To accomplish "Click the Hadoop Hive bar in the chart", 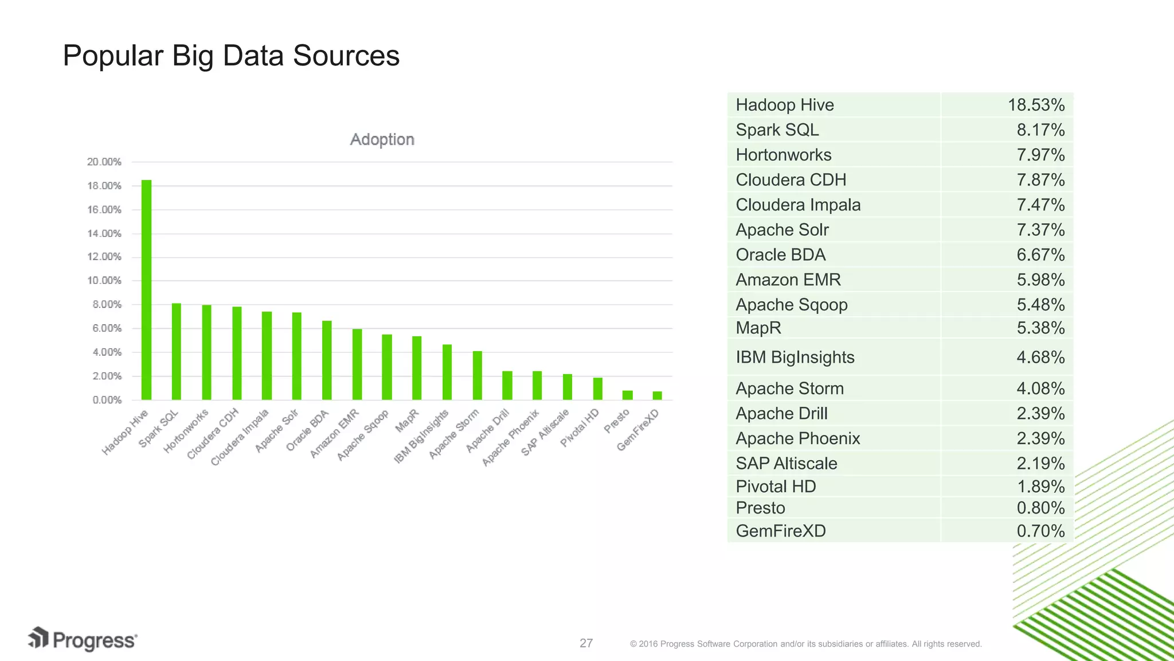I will coord(146,290).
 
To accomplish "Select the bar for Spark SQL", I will coord(177,351).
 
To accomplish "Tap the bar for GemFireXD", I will coord(658,395).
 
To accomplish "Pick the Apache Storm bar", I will coord(477,375).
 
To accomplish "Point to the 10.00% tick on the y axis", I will coord(104,281).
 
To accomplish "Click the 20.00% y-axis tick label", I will coord(104,162).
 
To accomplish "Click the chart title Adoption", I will coord(382,139).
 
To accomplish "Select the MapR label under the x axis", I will coord(408,421).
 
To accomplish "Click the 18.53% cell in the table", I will coord(1036,105).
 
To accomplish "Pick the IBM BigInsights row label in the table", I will coord(795,357).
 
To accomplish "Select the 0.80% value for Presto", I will coord(1040,508).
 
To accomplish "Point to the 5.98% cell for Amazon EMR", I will coord(1040,279).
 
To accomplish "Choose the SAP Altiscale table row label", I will coord(786,463).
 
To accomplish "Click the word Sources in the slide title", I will coord(346,56).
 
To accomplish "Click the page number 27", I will coord(586,643).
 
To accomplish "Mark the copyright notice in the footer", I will coord(805,644).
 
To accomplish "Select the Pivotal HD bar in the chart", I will coord(597,388).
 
